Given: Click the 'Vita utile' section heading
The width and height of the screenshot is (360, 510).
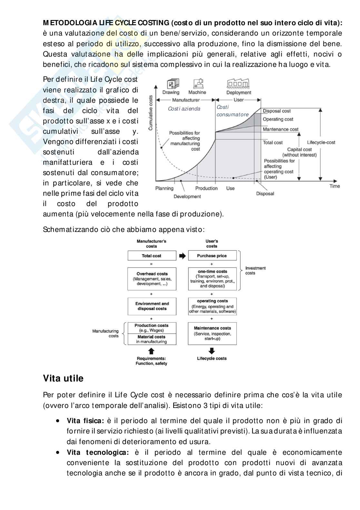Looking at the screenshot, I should point(63,378).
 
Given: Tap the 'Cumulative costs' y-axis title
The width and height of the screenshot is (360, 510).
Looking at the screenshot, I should point(151,113).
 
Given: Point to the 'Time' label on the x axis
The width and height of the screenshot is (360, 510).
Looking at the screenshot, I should point(335,186).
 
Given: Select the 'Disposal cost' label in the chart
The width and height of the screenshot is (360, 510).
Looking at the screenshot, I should point(276,111).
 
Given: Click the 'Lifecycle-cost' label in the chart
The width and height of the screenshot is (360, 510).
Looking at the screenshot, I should point(321,142).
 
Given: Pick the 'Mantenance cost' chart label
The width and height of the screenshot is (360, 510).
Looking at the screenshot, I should point(280,129).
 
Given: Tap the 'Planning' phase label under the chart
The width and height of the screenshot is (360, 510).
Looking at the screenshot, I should point(164,188).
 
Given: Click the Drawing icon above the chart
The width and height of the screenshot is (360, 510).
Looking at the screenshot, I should point(171,84).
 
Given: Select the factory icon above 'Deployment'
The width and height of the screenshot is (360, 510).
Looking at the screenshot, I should point(239,84).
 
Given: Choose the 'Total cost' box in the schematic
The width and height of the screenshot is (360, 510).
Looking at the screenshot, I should point(152,256).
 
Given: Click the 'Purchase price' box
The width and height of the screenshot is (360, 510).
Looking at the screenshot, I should point(212,256).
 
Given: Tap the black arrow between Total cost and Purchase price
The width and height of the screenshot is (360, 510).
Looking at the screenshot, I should point(182,256).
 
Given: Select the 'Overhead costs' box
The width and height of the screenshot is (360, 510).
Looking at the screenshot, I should point(152,278).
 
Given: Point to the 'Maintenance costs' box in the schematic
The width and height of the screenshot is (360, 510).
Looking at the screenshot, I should point(212,333).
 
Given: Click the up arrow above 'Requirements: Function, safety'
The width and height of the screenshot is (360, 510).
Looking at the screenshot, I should point(152,351).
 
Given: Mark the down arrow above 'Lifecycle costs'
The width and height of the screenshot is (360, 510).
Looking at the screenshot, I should point(212,351).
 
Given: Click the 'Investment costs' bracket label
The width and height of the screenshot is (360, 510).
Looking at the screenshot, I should point(255,270).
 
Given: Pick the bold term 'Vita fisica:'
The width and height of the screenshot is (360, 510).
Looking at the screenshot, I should point(85,421).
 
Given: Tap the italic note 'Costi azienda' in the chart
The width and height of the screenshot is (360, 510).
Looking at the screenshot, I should point(184,109).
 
